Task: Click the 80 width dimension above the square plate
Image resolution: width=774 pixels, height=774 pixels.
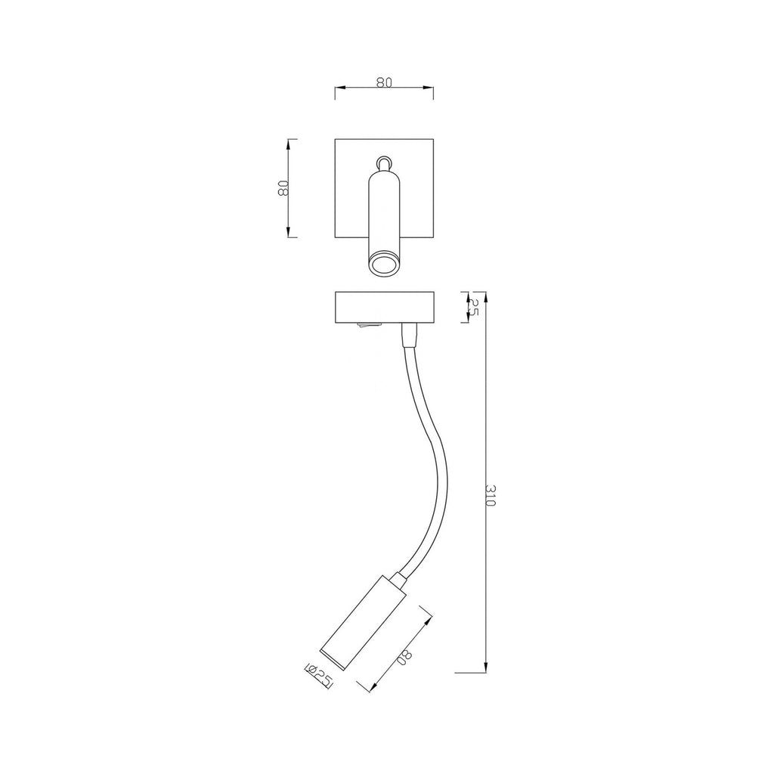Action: tap(384, 82)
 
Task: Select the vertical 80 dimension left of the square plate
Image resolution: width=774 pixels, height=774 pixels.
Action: tap(283, 188)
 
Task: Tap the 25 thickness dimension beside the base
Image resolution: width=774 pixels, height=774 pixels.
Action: tap(473, 307)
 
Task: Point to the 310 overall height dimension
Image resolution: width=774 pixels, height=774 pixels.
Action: tap(490, 495)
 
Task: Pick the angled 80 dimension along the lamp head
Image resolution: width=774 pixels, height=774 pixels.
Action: tap(404, 657)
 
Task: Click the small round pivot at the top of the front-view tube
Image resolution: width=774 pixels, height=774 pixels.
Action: tap(384, 163)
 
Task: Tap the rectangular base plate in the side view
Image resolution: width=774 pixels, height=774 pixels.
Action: tap(384, 308)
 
